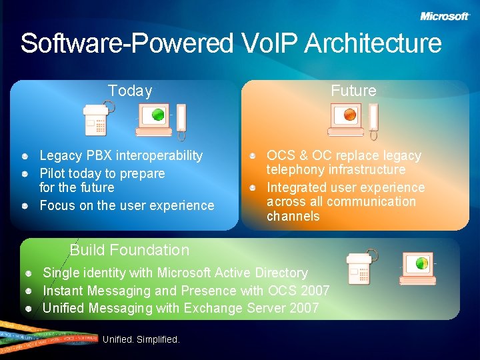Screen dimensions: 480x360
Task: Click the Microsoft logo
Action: tap(445, 16)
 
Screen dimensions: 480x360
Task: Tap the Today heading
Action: tap(130, 91)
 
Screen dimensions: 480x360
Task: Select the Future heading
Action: tap(353, 91)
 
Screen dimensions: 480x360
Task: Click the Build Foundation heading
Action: tap(129, 251)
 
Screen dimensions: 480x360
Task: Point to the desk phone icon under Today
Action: tap(98, 120)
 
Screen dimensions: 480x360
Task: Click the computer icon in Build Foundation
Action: tap(419, 269)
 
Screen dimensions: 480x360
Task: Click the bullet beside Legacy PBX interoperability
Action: tap(24, 156)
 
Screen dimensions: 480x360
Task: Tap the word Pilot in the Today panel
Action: tap(53, 173)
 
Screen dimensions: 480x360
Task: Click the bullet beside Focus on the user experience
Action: tap(24, 206)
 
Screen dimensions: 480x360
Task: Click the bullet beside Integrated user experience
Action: tap(253, 188)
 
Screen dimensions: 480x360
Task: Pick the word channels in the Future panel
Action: tap(293, 216)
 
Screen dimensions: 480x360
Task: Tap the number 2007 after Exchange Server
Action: tap(304, 308)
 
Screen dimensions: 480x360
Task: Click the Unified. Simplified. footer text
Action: tap(141, 339)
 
